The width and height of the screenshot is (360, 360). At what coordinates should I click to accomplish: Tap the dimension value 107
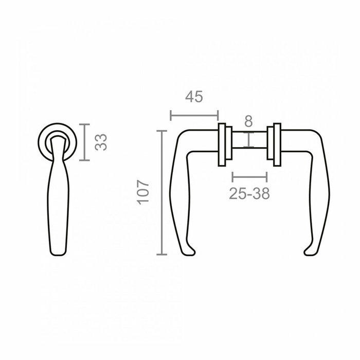point(143,192)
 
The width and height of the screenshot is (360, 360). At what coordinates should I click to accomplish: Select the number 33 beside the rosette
point(102,142)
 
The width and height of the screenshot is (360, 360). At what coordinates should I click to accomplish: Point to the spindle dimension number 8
point(248,122)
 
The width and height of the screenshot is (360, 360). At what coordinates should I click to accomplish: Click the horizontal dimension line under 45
point(194,115)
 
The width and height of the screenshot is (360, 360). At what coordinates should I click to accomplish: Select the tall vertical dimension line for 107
point(163,193)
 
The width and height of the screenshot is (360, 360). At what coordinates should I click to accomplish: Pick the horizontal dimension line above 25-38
point(250,177)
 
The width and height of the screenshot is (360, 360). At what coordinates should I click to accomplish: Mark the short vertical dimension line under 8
point(248,140)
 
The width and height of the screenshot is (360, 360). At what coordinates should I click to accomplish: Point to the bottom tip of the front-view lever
point(59,252)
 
